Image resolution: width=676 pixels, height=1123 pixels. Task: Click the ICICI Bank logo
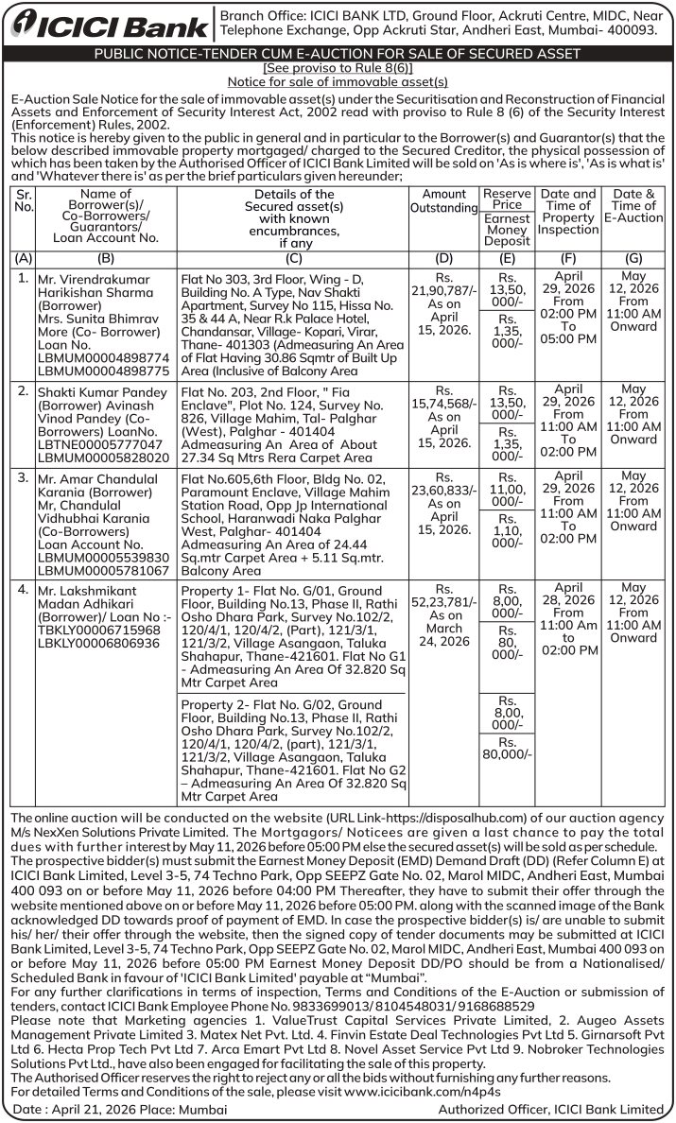click(x=108, y=25)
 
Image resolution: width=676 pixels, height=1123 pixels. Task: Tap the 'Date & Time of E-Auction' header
click(x=633, y=206)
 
